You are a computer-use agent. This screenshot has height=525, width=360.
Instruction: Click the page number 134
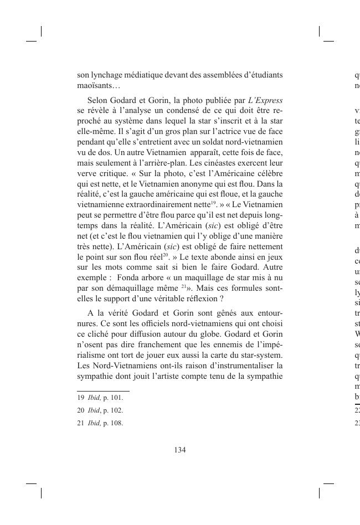tap(180, 450)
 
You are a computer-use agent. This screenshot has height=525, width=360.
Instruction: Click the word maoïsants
tap(94, 86)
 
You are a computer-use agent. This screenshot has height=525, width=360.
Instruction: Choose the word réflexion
tap(187, 299)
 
